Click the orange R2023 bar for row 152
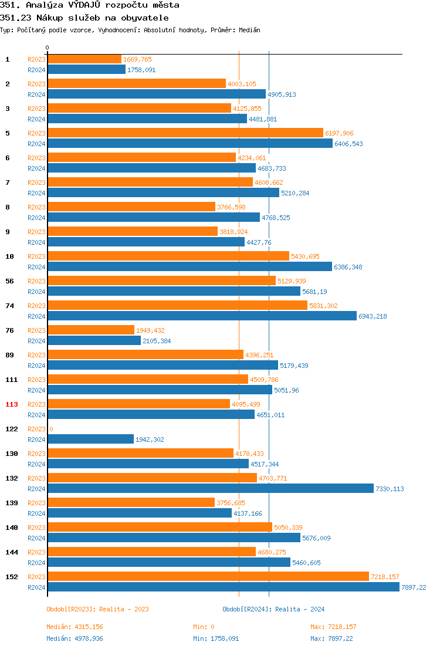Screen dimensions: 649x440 coord(208,577)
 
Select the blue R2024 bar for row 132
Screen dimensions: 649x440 coord(210,488)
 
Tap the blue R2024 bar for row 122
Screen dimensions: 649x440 coord(90,439)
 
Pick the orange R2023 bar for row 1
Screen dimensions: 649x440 coord(84,59)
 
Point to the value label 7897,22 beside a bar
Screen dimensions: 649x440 coord(414,587)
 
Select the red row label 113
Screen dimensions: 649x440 coord(11,404)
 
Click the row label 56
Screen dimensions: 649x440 coord(9,281)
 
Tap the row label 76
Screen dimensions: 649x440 coord(9,330)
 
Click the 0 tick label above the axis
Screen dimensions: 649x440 coord(48,48)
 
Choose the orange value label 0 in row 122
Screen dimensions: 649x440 coord(51,429)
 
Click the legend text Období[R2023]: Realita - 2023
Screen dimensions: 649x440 coord(97,609)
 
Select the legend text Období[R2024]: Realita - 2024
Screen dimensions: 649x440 coord(273,609)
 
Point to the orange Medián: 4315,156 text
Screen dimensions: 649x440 coord(75,627)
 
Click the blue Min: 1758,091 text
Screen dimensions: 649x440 coord(216,638)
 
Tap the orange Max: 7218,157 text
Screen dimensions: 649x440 coord(333,627)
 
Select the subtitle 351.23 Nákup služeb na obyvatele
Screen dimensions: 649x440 coord(84,18)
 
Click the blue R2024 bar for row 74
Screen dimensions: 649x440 coord(202,316)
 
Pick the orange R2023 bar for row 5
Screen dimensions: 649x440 coord(185,133)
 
